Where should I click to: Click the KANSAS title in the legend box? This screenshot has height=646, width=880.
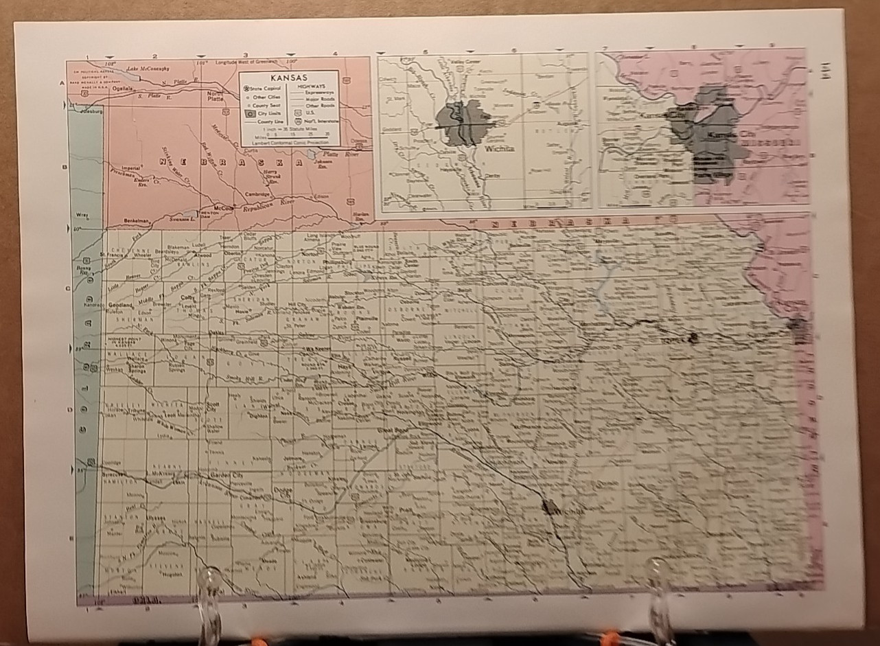coord(289,78)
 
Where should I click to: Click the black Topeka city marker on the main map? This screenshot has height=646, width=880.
coord(693,337)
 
